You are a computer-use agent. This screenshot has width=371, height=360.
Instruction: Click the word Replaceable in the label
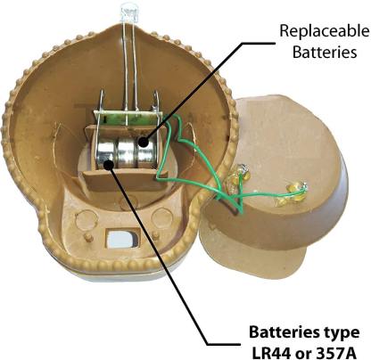pos(325,32)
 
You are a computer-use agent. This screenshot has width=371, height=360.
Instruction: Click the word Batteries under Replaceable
pos(325,52)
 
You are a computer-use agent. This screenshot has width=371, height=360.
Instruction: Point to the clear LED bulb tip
pos(129,13)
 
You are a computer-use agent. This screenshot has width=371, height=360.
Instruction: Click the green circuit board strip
pos(128,119)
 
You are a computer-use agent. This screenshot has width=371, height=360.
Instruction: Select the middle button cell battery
pos(128,154)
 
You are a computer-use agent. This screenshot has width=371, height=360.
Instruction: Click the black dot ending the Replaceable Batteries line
pos(144,142)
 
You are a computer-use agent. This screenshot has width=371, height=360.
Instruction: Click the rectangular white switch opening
pos(122,238)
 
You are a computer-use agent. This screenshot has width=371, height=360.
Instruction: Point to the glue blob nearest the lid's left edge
pos(239,177)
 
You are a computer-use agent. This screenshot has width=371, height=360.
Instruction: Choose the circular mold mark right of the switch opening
pos(161,217)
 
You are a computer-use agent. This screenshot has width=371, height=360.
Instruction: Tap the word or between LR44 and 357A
pos(306,354)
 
